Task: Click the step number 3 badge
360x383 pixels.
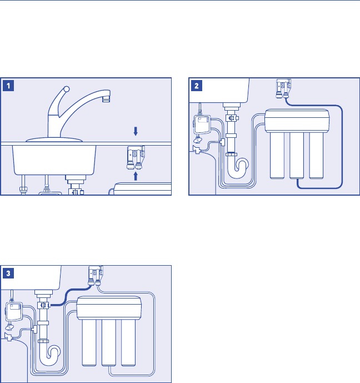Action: [x=9, y=273]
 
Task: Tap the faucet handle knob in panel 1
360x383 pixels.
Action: [x=66, y=88]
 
